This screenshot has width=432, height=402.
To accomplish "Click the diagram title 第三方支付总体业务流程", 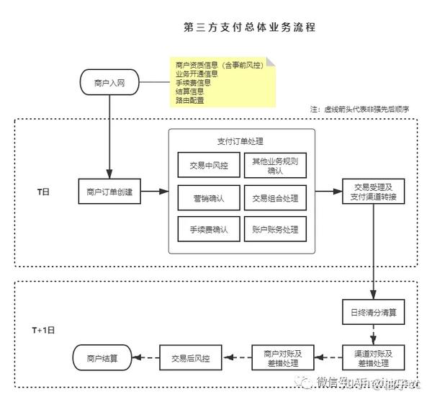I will point(250,27).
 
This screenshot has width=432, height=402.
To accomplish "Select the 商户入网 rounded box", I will point(110,84).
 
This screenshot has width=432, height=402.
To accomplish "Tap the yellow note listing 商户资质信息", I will point(224,82).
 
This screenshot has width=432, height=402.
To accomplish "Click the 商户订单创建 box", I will point(109,192).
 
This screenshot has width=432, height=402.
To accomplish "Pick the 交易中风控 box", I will point(209,165).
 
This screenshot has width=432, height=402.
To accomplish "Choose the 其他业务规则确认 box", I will point(275,165).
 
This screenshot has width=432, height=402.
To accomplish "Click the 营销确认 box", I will point(209,197).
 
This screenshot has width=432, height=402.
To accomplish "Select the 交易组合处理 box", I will point(275,197).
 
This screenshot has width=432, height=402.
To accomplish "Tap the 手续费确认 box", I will point(209,229).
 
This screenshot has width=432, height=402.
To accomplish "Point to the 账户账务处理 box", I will point(275,229).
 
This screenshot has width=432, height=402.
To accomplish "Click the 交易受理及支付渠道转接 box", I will point(373,192).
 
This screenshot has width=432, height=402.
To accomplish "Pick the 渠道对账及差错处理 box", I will point(373,357).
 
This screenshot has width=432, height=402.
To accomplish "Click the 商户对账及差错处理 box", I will point(282,357).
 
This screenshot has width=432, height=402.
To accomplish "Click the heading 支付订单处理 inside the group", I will point(242,141).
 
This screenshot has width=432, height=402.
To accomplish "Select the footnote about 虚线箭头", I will point(359,109).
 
